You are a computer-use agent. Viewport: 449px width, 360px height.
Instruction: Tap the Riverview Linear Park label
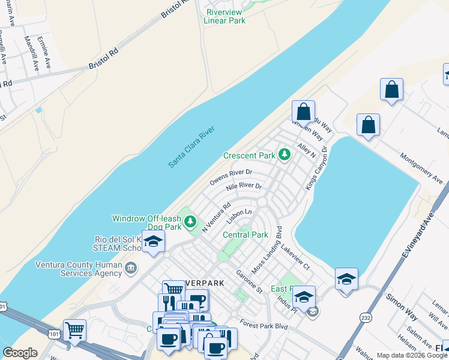224,16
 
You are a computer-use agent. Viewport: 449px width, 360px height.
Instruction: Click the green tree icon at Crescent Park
285,155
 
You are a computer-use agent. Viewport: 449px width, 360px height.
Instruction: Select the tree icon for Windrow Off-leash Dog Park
190,223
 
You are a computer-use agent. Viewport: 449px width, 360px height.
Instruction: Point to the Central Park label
246,235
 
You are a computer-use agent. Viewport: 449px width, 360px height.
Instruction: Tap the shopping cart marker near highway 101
74,329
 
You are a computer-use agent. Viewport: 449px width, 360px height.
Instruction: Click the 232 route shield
364,316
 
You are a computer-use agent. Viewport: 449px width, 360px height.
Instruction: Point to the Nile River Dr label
244,187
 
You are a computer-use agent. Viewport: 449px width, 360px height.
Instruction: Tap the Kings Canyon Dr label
317,169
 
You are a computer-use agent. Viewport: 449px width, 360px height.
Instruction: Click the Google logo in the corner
20,353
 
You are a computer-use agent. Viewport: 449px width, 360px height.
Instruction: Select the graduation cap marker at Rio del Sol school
153,242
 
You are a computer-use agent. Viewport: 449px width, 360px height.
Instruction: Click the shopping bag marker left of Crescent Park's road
303,112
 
